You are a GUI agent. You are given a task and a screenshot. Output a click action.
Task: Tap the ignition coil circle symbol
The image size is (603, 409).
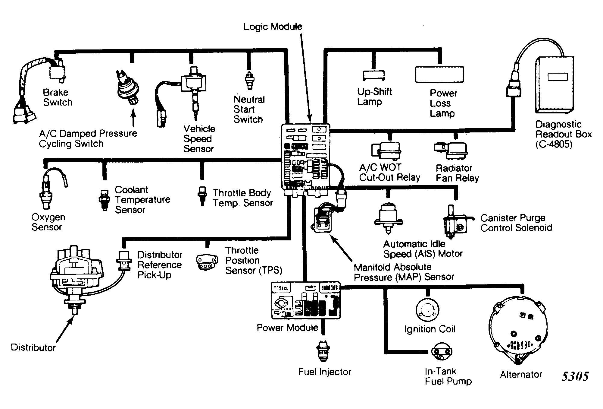point(427,310)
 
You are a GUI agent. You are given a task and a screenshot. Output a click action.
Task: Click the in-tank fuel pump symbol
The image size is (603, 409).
point(442,352)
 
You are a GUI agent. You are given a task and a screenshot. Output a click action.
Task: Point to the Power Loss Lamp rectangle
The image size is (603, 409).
point(439,75)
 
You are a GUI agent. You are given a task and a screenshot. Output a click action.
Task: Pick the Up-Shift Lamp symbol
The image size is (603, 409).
point(374,75)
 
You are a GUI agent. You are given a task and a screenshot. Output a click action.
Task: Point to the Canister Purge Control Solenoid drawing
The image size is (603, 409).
point(455,223)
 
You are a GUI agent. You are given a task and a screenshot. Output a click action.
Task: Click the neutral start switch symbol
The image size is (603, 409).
point(249,81)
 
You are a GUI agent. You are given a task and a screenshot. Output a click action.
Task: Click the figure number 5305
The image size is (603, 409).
point(575,376)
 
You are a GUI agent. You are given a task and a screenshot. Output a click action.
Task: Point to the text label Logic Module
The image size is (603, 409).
point(273,27)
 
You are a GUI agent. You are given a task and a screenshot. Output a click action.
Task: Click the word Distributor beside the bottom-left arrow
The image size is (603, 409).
point(33,347)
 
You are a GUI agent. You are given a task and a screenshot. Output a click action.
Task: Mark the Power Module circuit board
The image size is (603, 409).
point(306,300)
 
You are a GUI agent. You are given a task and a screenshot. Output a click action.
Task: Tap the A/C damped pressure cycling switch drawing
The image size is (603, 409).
point(128,87)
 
